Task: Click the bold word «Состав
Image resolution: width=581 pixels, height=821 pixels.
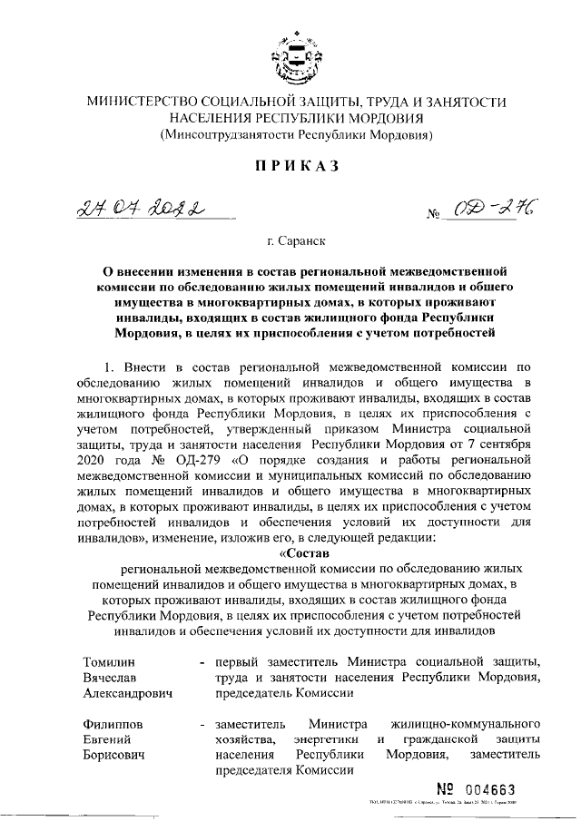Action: click(306, 551)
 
